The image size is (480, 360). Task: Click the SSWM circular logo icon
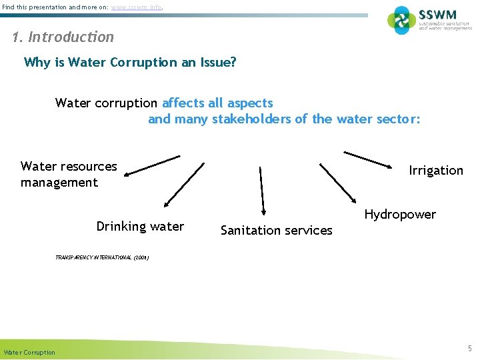(401, 20)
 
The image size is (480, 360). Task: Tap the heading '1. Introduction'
(63, 37)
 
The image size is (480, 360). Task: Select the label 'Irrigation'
(435, 171)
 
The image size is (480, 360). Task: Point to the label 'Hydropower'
(400, 215)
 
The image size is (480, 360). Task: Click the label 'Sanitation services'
(276, 231)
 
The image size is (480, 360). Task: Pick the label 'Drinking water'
(140, 227)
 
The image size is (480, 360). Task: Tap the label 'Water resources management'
(68, 175)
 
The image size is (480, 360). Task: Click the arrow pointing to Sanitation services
(262, 190)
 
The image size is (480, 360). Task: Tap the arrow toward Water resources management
(152, 165)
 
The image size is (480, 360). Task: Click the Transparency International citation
(102, 257)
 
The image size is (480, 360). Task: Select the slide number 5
(469, 348)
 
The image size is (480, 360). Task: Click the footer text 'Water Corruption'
(29, 352)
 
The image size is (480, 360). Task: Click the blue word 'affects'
(183, 103)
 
